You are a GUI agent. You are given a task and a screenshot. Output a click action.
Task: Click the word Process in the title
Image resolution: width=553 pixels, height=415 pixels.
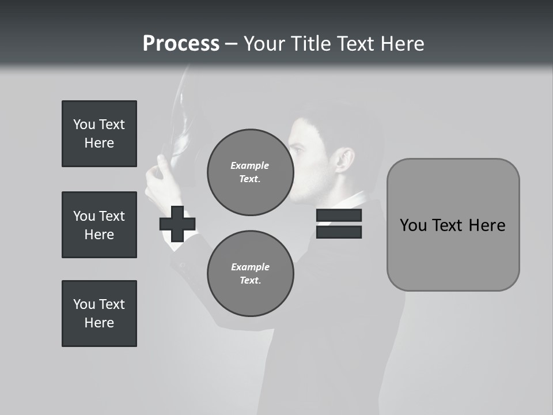181,44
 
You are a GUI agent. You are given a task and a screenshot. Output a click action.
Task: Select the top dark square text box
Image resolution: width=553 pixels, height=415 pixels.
99,134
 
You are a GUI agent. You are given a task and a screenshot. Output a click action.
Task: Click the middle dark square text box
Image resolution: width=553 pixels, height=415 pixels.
99,225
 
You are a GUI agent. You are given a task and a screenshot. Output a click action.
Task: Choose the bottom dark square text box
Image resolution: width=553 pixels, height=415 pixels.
99,314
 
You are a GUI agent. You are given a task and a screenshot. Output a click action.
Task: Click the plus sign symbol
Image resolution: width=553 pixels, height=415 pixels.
177,224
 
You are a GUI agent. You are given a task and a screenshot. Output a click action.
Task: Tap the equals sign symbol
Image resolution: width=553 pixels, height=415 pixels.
339,224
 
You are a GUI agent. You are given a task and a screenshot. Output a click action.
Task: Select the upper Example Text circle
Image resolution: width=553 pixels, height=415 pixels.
250,172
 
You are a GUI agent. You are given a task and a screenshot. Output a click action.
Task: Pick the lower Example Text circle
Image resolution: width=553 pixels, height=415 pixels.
250,274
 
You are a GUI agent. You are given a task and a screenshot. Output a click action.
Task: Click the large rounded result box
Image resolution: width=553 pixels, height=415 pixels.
453,225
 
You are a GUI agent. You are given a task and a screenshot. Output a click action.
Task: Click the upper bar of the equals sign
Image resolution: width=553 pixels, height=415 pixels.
339,216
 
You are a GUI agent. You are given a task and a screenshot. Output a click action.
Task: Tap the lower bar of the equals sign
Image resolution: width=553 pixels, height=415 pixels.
339,232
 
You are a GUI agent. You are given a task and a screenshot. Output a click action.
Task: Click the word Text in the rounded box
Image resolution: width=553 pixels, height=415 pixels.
452,225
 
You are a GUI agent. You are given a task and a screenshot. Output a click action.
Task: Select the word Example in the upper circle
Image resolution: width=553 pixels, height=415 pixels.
250,165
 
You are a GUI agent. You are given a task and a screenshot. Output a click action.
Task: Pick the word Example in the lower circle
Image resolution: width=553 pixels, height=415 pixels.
250,267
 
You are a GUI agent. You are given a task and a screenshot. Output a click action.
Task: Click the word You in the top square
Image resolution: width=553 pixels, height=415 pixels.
84,124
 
